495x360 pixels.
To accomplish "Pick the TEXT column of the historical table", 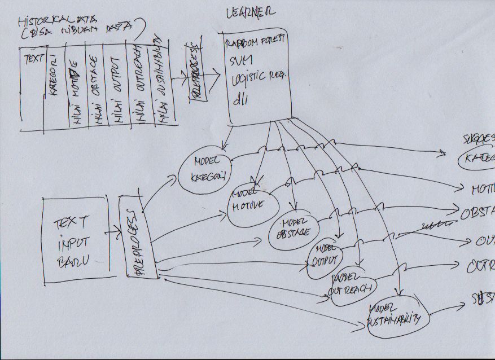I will click(x=31, y=87).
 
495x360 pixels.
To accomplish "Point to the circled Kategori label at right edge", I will click(x=477, y=159).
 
